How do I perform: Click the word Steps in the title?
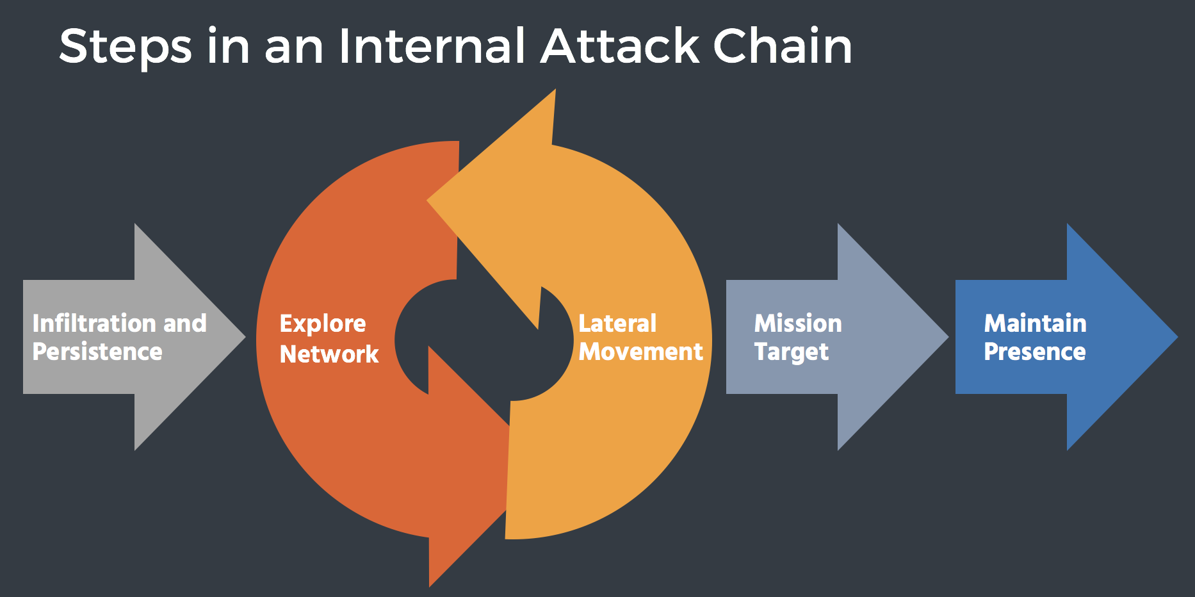coord(126,47)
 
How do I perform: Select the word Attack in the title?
coord(620,46)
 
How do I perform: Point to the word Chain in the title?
coord(782,46)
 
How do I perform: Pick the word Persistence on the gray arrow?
coord(97,352)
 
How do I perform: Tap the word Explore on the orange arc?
coord(323,324)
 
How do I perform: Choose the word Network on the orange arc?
coord(329,354)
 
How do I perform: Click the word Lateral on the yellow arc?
coord(617,323)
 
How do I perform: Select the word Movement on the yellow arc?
coord(640,352)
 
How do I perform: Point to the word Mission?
coord(798,323)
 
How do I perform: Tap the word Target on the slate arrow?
coord(792,352)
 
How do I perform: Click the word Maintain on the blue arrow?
coord(1035,323)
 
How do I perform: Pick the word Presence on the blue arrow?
coord(1035,352)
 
